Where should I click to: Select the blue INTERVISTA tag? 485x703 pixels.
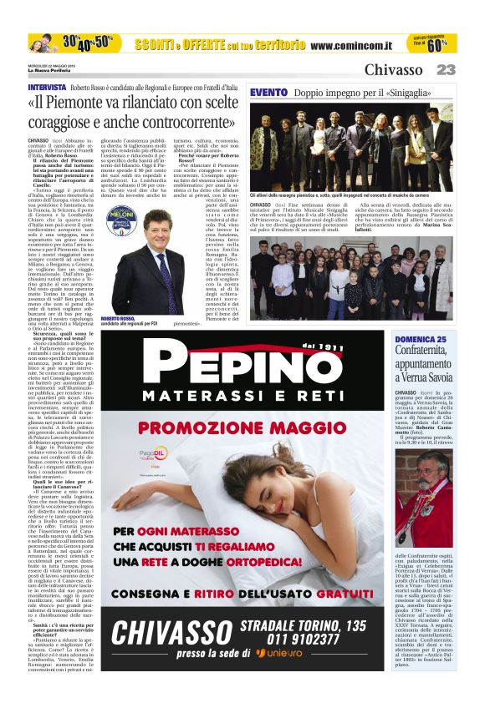coord(47,88)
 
